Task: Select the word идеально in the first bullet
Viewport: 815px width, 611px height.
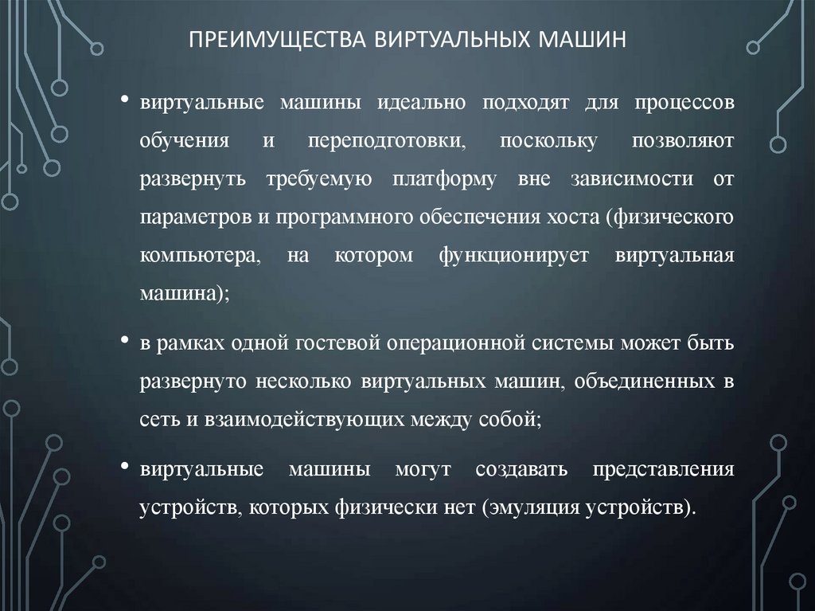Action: pyautogui.click(x=424, y=104)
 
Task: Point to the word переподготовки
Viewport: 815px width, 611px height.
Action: pyautogui.click(x=388, y=141)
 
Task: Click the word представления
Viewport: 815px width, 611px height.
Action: pyautogui.click(x=663, y=469)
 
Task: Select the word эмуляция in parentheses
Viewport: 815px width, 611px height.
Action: pyautogui.click(x=526, y=507)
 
